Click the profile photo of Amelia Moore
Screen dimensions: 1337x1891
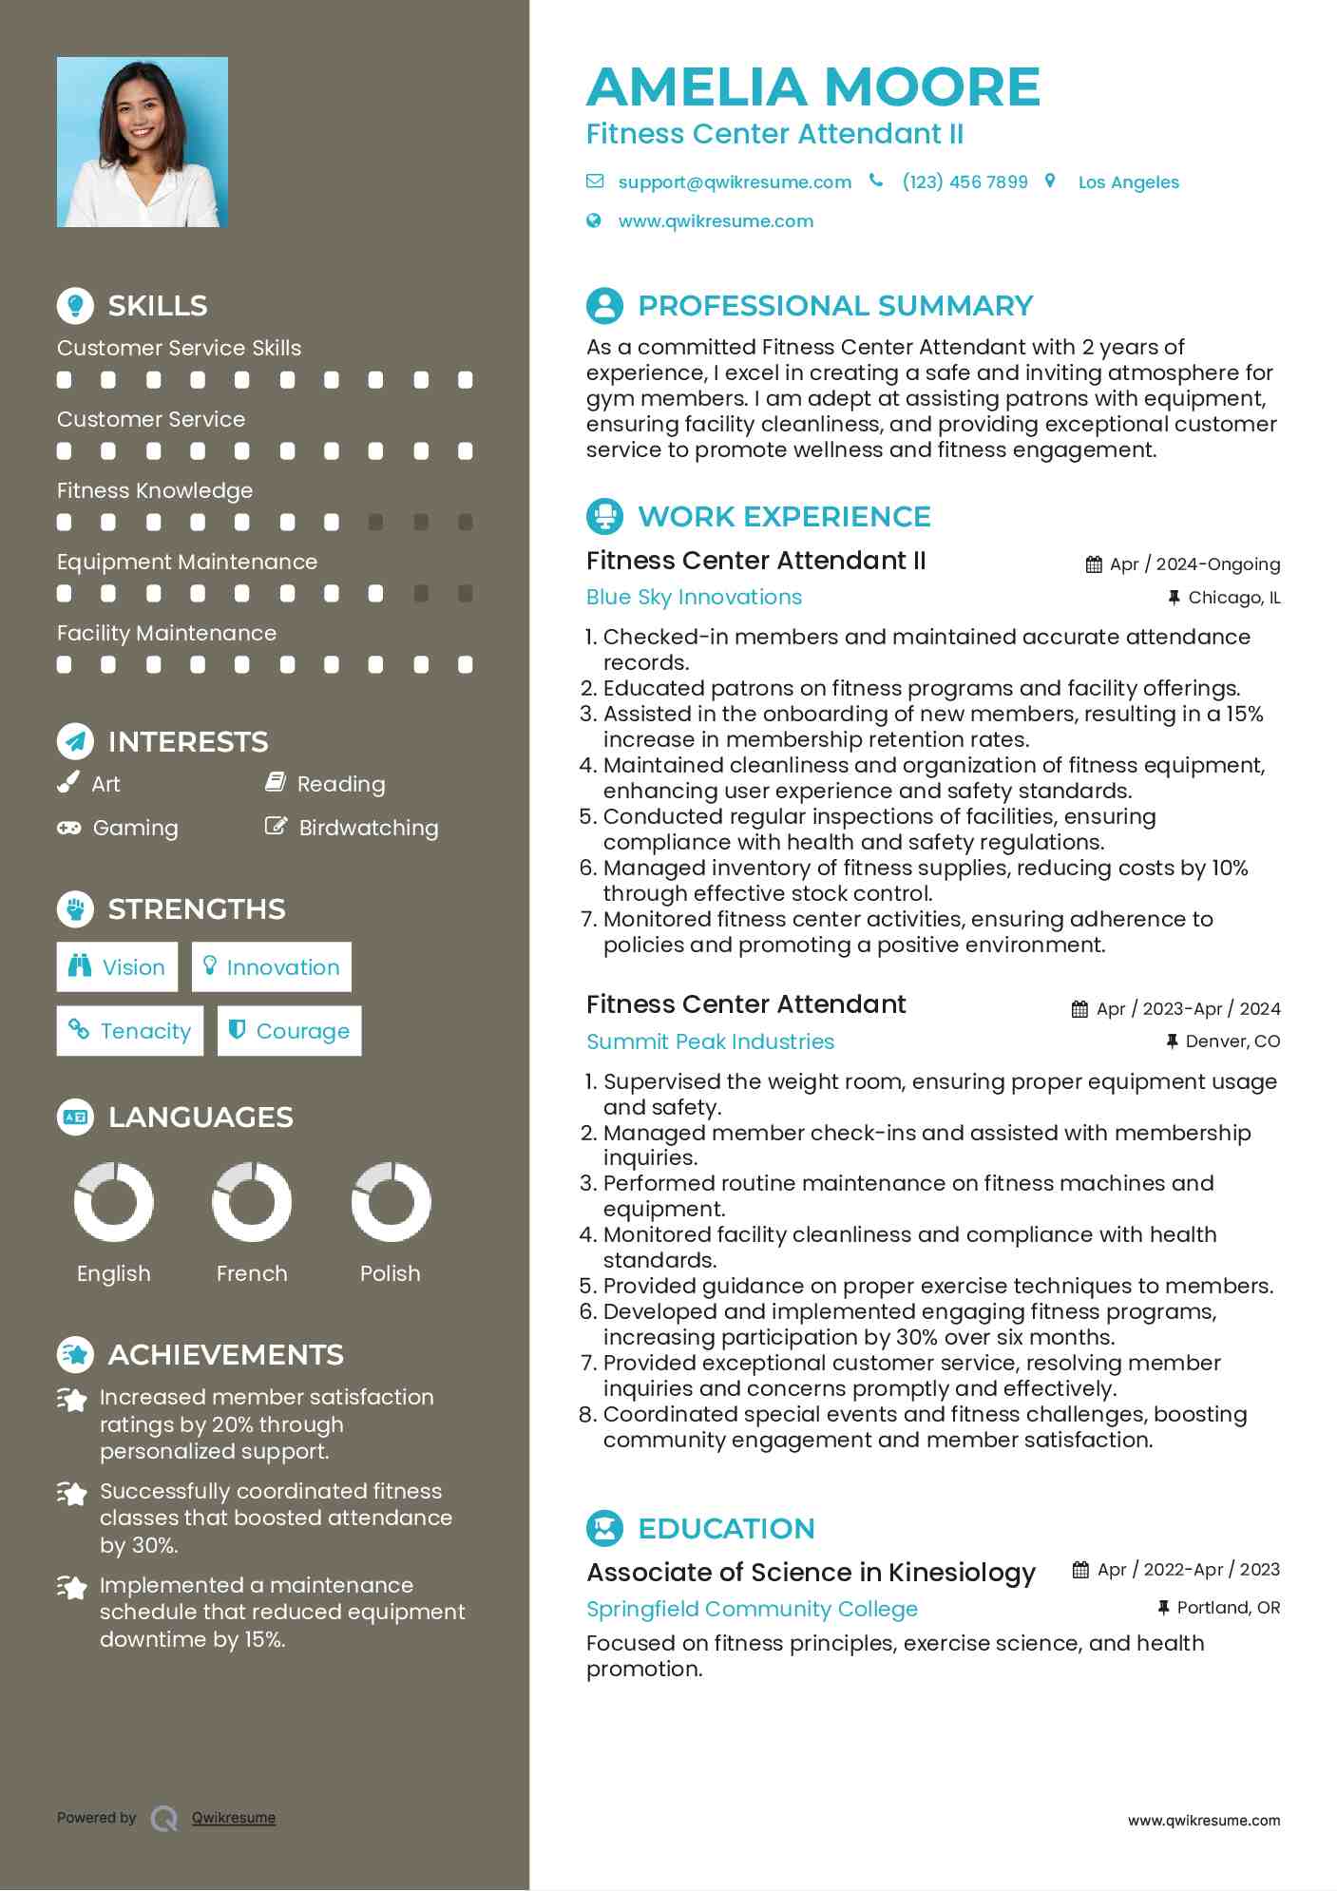(x=143, y=143)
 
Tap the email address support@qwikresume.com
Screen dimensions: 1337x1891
(x=734, y=182)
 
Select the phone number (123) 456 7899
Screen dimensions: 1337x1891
(x=965, y=182)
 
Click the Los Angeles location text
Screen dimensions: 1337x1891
(x=1128, y=182)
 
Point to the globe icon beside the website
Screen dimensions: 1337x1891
(x=594, y=221)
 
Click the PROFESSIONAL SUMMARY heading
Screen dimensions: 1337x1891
(x=834, y=306)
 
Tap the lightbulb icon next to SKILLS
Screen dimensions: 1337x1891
(x=75, y=306)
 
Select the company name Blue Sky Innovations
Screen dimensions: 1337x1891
(x=694, y=598)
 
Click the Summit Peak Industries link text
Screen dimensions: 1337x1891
(x=710, y=1042)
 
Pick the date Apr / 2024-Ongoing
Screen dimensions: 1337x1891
(x=1194, y=564)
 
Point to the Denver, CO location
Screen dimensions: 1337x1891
(x=1232, y=1042)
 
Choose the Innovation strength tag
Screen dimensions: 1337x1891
(x=272, y=967)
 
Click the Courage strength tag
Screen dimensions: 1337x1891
(x=290, y=1031)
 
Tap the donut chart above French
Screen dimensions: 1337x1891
(x=252, y=1202)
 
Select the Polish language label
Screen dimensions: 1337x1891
(x=390, y=1274)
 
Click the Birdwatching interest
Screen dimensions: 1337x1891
(x=368, y=829)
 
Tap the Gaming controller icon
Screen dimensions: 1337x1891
(x=68, y=829)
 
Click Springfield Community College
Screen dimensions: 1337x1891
(x=752, y=1610)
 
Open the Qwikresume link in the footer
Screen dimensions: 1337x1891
(x=234, y=1818)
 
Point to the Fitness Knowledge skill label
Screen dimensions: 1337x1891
(x=155, y=491)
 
